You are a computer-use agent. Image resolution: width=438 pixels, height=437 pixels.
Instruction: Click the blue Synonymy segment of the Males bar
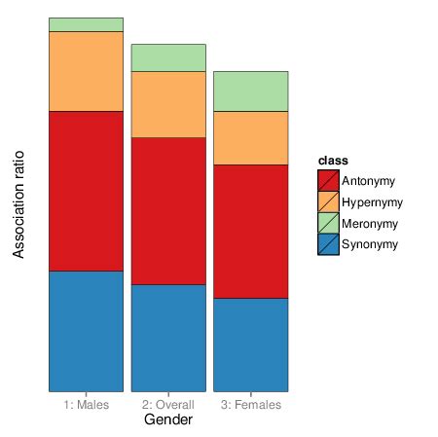click(86, 330)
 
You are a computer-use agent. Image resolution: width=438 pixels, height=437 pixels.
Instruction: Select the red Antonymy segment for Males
click(86, 191)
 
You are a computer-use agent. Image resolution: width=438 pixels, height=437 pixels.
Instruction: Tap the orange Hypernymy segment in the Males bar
click(86, 71)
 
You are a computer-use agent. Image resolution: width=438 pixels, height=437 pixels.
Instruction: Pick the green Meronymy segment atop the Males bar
click(86, 24)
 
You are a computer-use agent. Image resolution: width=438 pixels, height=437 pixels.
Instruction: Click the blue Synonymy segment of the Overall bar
click(168, 337)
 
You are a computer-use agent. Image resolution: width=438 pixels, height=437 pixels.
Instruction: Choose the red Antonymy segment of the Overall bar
click(168, 210)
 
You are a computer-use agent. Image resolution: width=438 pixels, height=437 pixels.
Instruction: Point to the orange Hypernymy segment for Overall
click(168, 104)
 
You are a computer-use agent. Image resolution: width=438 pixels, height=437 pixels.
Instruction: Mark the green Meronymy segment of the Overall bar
click(168, 57)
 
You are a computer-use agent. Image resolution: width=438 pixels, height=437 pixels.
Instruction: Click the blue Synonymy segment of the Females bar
click(250, 344)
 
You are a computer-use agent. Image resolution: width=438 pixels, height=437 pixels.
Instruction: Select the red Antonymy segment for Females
click(250, 231)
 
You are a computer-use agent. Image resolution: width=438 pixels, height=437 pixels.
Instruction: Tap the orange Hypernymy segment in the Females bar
click(250, 137)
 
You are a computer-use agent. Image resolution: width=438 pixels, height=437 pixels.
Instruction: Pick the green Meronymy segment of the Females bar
click(250, 91)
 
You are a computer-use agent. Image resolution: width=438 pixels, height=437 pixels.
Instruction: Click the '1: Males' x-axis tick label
click(86, 404)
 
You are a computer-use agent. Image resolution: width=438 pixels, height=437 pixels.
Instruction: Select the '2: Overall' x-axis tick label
click(168, 404)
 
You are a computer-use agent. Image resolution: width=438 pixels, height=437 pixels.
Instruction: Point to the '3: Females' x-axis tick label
click(250, 404)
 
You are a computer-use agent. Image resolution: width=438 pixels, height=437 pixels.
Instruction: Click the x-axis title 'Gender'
click(167, 420)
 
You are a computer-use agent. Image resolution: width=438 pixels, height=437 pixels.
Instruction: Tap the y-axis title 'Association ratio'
click(18, 203)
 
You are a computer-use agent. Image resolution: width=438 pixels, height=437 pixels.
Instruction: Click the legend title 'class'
click(334, 161)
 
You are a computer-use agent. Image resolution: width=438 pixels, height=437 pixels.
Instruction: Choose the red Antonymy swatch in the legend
click(328, 181)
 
